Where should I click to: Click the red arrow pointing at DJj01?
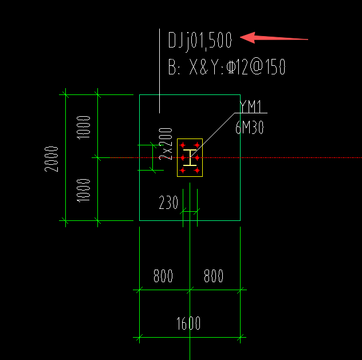[x=274, y=38]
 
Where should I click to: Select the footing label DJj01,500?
[x=200, y=41]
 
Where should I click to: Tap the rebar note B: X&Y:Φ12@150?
[x=227, y=67]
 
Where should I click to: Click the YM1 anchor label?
[x=251, y=106]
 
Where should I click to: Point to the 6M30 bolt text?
[x=250, y=128]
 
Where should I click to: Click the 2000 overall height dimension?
[x=51, y=159]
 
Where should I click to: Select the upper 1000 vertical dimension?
[x=84, y=127]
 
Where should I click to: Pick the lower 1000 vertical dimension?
[x=84, y=190]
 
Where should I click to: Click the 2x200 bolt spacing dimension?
[x=166, y=144]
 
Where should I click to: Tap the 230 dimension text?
[x=168, y=203]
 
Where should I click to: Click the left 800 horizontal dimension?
[x=163, y=276]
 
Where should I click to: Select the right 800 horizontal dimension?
[x=214, y=276]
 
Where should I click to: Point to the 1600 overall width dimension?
[x=188, y=323]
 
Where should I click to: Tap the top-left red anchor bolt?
[x=183, y=145]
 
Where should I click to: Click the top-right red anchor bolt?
[x=197, y=145]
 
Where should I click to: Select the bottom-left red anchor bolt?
[x=183, y=171]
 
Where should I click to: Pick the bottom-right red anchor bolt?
[x=197, y=171]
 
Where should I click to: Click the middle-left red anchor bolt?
[x=183, y=158]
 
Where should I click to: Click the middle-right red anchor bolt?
[x=197, y=158]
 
